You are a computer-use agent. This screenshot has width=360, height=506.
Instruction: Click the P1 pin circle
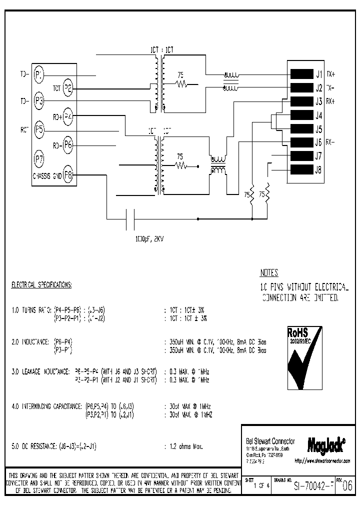point(39,75)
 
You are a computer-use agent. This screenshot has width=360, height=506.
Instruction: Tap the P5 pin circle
point(39,131)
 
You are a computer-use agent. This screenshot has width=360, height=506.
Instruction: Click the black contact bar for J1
point(301,74)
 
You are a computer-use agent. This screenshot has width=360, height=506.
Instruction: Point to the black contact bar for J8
point(301,169)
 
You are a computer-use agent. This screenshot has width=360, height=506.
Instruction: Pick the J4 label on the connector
point(318,115)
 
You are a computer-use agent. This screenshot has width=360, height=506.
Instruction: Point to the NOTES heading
point(269,273)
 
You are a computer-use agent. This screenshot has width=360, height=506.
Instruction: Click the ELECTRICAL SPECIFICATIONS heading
point(41,285)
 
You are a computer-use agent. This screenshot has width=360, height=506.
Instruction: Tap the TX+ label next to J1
point(330,74)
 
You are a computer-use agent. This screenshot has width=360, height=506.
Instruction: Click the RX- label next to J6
point(330,142)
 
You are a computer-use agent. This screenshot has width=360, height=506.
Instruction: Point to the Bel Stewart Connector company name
point(270,441)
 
